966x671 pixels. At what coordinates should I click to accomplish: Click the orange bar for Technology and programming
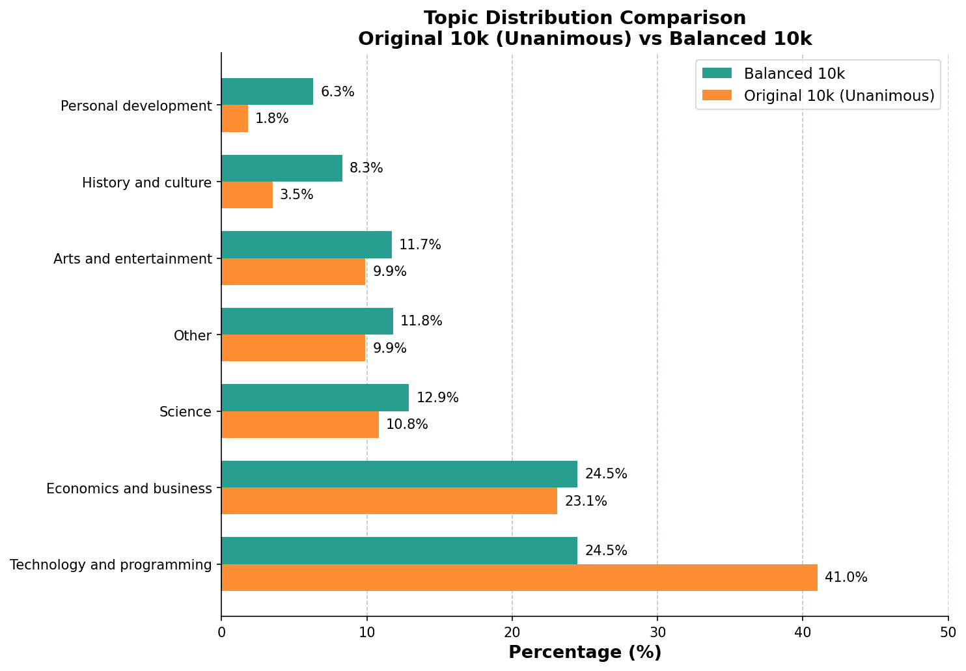tap(519, 577)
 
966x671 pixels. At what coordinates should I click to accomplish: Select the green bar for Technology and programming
tap(399, 551)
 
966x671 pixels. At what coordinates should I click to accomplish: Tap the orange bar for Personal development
tap(234, 118)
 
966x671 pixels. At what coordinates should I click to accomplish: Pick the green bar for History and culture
tap(282, 168)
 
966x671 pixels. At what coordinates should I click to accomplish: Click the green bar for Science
tap(315, 398)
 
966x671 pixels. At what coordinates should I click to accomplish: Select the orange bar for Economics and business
tap(389, 501)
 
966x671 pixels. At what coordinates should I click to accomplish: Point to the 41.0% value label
tap(846, 577)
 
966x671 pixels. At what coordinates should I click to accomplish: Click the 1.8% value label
tap(271, 118)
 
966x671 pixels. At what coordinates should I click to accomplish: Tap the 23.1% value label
tap(586, 501)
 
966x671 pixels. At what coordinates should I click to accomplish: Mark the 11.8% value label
tap(421, 321)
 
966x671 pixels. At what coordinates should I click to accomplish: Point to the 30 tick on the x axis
tap(657, 632)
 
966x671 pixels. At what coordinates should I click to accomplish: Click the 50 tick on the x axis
tap(948, 632)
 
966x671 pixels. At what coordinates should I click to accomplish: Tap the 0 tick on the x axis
tap(221, 632)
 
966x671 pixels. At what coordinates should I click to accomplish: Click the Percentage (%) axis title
tap(585, 653)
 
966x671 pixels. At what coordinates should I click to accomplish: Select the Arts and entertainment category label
tap(133, 259)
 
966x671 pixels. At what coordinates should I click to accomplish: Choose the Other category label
tap(193, 336)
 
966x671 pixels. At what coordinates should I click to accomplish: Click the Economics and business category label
tap(129, 489)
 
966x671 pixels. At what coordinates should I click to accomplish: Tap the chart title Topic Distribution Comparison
tap(585, 18)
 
